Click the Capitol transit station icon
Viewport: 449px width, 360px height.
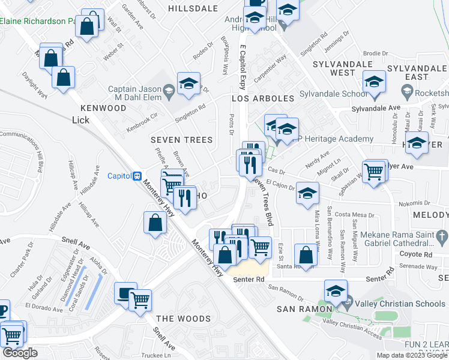tap(137, 176)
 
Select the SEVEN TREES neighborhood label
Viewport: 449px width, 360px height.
tap(181, 140)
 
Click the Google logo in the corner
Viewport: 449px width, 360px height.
tap(20, 353)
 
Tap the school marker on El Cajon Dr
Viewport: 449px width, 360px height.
tap(307, 194)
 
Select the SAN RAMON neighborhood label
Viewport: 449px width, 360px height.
tap(304, 308)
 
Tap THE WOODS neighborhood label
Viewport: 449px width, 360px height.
tap(176, 318)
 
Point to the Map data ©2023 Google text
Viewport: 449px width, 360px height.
tap(412, 355)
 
